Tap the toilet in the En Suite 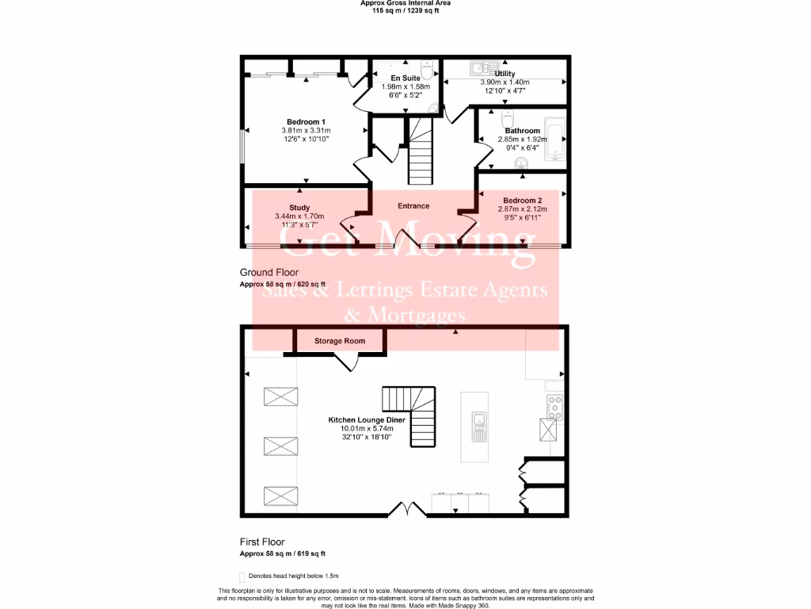pos(425,67)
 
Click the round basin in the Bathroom pos(521,163)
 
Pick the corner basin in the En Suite pos(434,109)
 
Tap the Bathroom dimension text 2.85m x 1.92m pos(522,139)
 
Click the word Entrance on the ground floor pos(413,206)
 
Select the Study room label pos(299,208)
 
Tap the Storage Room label pos(340,341)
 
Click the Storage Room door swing pos(347,362)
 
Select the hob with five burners pos(554,407)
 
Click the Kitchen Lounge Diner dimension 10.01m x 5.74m pos(369,429)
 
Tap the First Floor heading pos(262,543)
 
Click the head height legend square pos(242,576)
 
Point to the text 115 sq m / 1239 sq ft pos(405,10)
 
